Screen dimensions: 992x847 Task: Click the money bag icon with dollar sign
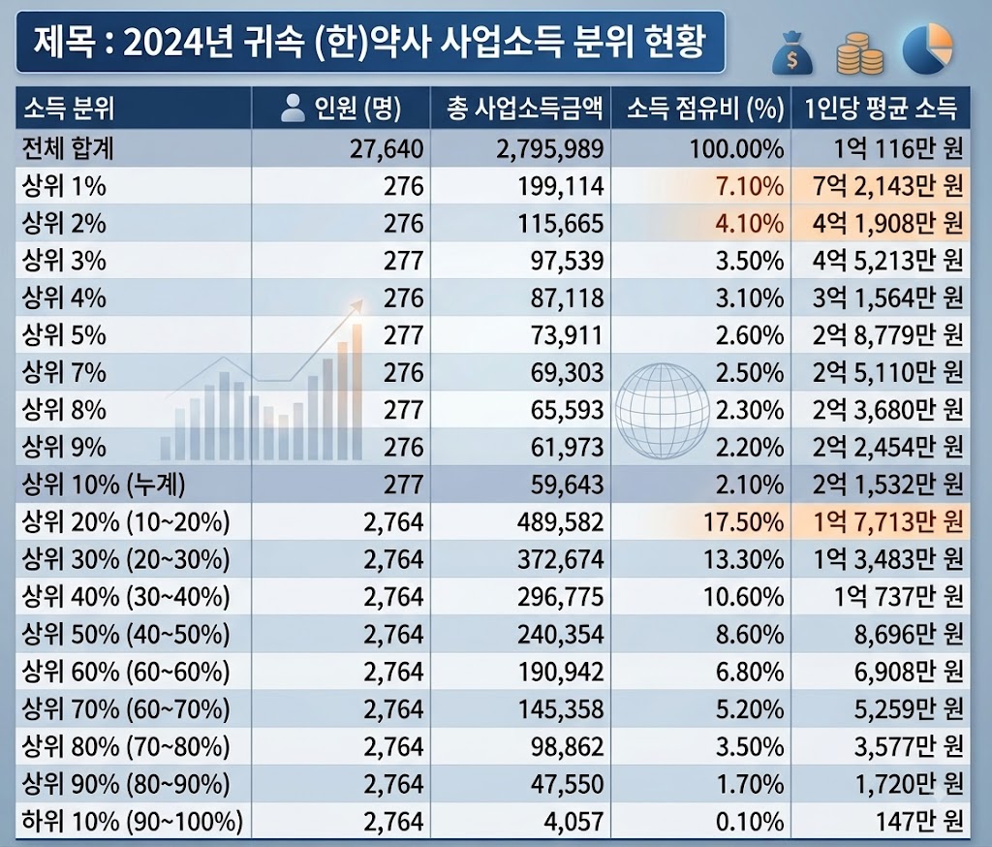(792, 54)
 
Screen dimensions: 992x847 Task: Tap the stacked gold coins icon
(860, 54)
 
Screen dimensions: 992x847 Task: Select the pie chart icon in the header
(927, 49)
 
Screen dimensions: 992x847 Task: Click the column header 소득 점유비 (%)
(705, 109)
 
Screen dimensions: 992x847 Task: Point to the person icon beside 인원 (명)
(293, 108)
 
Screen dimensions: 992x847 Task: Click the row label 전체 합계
(68, 149)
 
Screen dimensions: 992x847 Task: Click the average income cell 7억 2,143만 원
(887, 186)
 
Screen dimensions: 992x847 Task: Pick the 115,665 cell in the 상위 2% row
(561, 224)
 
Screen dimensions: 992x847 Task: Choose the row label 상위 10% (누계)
(104, 485)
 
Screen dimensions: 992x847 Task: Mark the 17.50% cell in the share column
(744, 522)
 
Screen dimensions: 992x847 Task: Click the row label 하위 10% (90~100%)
(132, 821)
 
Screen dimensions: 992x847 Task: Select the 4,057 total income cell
(573, 821)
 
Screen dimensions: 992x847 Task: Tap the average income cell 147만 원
(919, 821)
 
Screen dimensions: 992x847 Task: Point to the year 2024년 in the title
(179, 43)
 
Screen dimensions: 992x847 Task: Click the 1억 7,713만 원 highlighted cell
(887, 522)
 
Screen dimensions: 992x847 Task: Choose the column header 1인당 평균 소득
(881, 109)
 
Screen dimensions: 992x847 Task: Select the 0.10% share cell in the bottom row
(750, 821)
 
